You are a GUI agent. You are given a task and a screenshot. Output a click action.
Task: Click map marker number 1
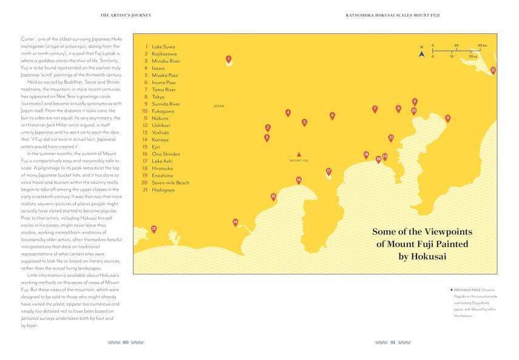pos(228,59)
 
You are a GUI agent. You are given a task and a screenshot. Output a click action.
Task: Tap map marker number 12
pos(493,70)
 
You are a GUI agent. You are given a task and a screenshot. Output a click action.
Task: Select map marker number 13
pos(154,229)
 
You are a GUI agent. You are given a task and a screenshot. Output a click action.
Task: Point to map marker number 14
pos(235,222)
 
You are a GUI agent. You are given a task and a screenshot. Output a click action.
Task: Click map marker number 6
pos(332,115)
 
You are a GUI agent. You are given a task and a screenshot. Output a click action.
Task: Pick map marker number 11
pos(447,118)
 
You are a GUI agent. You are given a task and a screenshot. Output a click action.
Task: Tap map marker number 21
pos(391,138)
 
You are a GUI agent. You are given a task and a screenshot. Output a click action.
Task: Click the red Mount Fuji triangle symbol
pos(299,155)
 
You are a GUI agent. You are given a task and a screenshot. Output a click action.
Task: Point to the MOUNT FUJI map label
pos(299,161)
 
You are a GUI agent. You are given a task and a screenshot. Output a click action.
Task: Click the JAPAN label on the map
pos(219,106)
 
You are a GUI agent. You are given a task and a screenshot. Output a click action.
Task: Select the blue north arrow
pos(421,53)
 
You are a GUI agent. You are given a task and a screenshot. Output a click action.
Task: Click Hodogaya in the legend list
pos(163,190)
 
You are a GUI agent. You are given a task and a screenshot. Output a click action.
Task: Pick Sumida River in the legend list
pos(166,104)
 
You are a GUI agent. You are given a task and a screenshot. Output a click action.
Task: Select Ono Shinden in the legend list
pos(166,154)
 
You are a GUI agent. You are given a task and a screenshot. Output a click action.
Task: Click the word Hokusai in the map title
pos(422,257)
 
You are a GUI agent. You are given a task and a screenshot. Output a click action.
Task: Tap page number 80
pos(125,342)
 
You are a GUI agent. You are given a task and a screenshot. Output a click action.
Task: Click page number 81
pos(393,342)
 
